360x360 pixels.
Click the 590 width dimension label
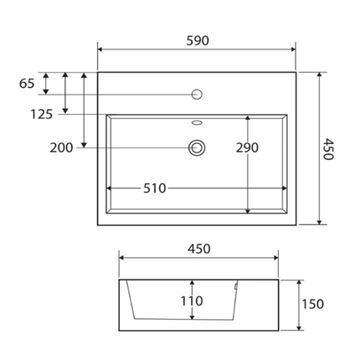tap(198, 40)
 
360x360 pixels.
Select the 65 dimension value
tap(27, 83)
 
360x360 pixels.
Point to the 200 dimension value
tap(61, 148)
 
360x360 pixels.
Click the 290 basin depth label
tap(246, 148)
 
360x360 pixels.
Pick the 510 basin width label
tap(153, 188)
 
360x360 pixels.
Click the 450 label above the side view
tap(198, 249)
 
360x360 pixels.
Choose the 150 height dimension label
tap(312, 304)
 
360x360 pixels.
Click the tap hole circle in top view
tap(198, 94)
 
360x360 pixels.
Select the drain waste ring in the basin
tap(198, 148)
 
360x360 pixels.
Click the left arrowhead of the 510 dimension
tap(110, 188)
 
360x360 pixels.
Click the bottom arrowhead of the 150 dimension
tap(300, 327)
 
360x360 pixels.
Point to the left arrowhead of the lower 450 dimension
tap(121, 259)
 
